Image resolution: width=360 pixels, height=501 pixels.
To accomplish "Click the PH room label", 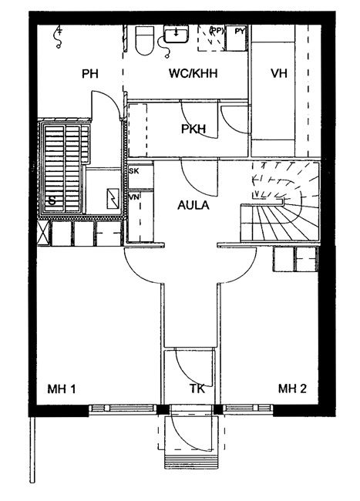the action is tap(89, 74).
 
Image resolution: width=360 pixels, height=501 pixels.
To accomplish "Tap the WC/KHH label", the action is tap(193, 73).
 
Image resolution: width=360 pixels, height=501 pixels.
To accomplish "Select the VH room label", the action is tap(279, 73).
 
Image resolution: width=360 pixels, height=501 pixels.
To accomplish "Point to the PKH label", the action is tap(193, 129).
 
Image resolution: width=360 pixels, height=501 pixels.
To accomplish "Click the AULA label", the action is tap(193, 205).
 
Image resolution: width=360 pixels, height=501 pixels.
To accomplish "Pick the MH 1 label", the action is tap(62, 388).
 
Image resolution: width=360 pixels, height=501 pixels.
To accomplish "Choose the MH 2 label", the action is tap(292, 388).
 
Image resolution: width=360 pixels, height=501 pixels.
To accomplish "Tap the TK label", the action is tap(197, 388).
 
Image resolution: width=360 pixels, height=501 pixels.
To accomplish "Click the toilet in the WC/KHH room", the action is tap(145, 40).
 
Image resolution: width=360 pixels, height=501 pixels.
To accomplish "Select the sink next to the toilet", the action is tap(176, 34).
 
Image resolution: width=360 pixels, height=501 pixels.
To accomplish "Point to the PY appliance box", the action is tap(237, 38).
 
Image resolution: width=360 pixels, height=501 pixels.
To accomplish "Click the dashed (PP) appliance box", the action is tap(211, 38).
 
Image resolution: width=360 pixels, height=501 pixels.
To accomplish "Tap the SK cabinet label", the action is tap(134, 171).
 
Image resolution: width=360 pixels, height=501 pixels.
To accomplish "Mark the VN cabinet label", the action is tap(134, 197).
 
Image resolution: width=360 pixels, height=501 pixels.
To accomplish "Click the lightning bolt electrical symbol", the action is tap(113, 199).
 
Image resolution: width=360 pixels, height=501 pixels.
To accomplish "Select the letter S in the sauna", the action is tap(52, 201).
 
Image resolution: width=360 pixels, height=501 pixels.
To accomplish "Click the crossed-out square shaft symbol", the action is tap(43, 233).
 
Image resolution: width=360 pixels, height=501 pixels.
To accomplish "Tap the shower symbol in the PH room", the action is tap(59, 37).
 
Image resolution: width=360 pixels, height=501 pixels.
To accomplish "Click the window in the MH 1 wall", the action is tap(123, 409).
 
